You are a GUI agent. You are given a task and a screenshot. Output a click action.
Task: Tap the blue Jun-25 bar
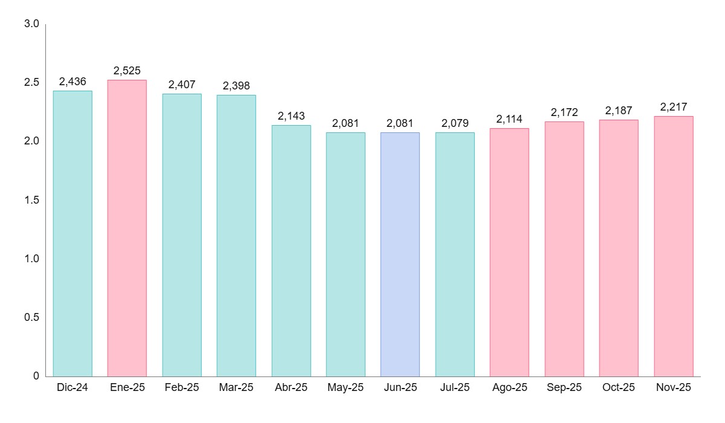pyautogui.click(x=400, y=254)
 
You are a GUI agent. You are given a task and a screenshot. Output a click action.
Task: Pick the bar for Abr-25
pyautogui.click(x=291, y=250)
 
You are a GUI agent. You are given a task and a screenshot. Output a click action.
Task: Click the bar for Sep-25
pyautogui.click(x=564, y=248)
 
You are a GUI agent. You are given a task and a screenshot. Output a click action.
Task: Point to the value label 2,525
pyautogui.click(x=127, y=71)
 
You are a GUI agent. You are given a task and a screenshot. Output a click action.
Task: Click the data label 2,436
pyautogui.click(x=72, y=82)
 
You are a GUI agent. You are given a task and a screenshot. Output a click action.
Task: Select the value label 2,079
pyautogui.click(x=455, y=123)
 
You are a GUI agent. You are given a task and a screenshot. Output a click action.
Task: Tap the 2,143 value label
pyautogui.click(x=291, y=116)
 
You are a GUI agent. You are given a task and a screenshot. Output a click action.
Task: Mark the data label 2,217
pyautogui.click(x=674, y=107)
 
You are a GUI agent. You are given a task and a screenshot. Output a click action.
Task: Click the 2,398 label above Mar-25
pyautogui.click(x=236, y=86)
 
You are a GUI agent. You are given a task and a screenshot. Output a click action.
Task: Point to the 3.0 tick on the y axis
pyautogui.click(x=31, y=24)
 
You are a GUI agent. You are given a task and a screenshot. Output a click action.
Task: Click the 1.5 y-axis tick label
pyautogui.click(x=31, y=200)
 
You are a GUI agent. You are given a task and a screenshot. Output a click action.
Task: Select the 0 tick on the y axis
pyautogui.click(x=36, y=376)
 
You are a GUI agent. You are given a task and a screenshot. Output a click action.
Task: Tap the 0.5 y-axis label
pyautogui.click(x=31, y=317)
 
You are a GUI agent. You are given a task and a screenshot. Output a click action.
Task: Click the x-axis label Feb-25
pyautogui.click(x=182, y=388)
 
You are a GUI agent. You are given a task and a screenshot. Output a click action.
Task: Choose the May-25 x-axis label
pyautogui.click(x=346, y=388)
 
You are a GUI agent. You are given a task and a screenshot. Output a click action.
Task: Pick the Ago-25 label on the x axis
pyautogui.click(x=509, y=388)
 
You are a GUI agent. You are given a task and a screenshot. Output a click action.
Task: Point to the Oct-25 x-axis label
pyautogui.click(x=619, y=388)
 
